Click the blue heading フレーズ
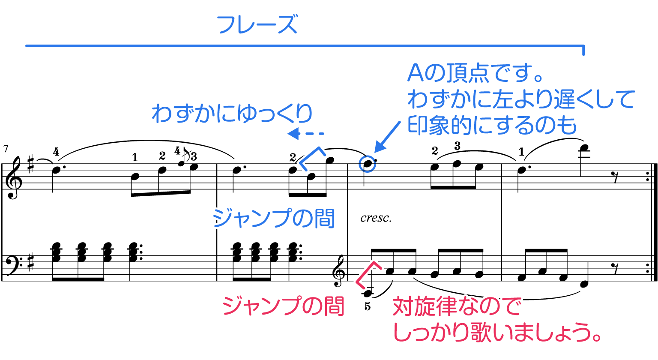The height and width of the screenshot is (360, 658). tap(257, 25)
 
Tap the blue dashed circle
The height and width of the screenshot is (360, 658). tap(367, 164)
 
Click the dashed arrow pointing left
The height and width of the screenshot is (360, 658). tap(305, 134)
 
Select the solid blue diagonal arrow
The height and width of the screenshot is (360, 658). tap(387, 137)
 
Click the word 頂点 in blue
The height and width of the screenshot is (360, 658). tap(463, 74)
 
